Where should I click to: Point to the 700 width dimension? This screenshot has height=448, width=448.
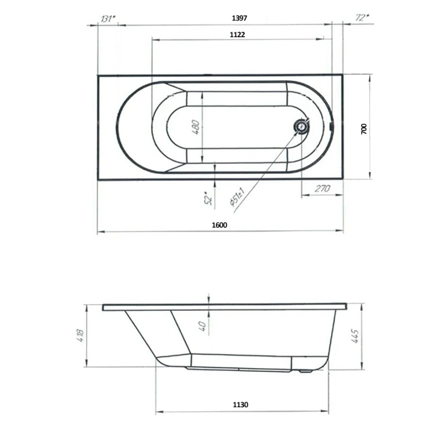tap(364, 129)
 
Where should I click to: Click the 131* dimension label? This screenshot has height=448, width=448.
tap(108, 19)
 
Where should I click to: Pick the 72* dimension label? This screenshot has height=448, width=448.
tap(363, 18)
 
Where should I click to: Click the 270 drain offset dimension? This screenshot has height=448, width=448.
tap(322, 189)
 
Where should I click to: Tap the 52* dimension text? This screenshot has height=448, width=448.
tap(208, 199)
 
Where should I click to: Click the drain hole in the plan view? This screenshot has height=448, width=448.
tap(300, 126)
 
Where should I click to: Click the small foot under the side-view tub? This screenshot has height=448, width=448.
tap(305, 370)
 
